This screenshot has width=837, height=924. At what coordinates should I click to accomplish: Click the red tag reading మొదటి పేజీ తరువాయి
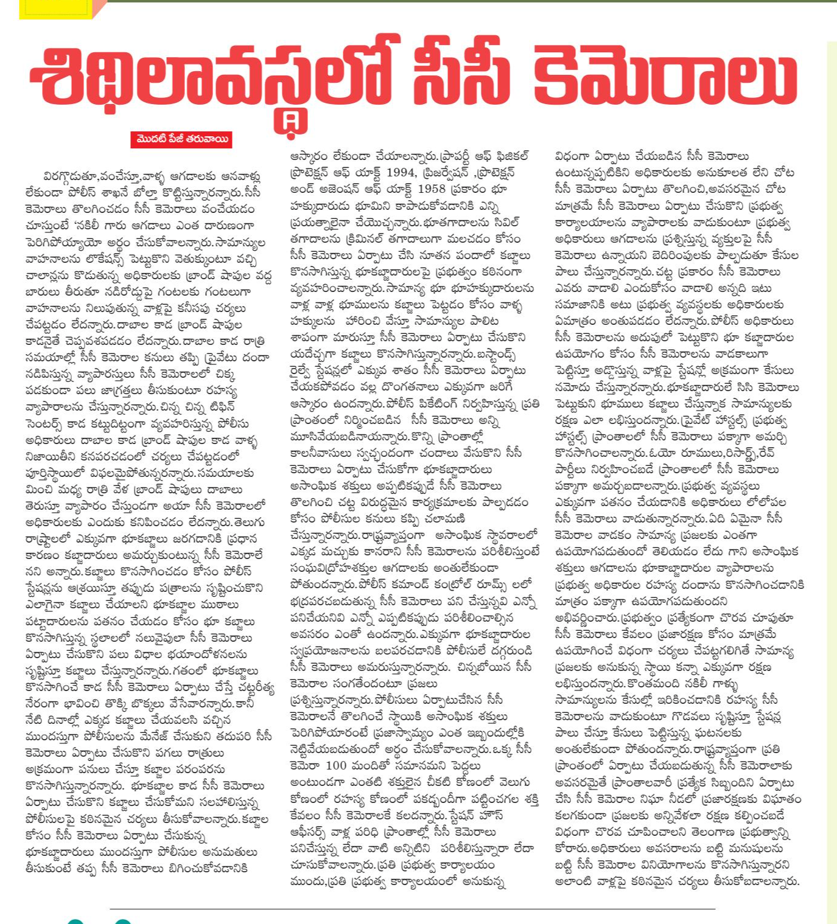[x=181, y=140]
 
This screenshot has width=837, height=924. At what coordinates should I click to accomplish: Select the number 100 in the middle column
[x=336, y=765]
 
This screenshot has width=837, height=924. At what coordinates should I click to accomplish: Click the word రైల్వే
[x=304, y=370]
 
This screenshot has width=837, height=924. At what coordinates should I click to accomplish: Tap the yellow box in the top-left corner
[x=55, y=9]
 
